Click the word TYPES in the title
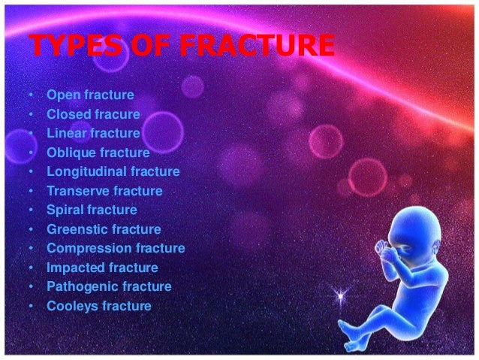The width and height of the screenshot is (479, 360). click(71, 47)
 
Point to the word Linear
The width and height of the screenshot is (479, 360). click(65, 133)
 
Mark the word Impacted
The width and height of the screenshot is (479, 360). click(74, 268)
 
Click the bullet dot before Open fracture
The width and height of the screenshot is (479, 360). click(29, 96)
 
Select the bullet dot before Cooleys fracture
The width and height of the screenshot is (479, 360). click(29, 307)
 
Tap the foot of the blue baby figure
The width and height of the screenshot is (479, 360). click(347, 331)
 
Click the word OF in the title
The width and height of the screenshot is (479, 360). click(147, 47)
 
